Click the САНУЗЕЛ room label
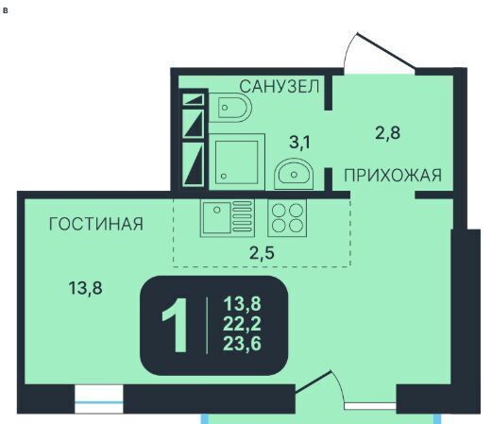tap(280, 86)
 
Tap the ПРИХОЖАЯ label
tap(393, 175)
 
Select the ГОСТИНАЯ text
tap(96, 224)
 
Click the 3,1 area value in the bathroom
tap(299, 142)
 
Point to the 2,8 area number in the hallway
tap(388, 132)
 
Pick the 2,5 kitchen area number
tap(262, 252)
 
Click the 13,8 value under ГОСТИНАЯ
tap(85, 288)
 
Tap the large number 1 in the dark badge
tap(176, 326)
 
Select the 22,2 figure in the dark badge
tap(242, 324)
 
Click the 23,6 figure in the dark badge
tap(242, 343)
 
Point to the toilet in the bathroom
tap(230, 108)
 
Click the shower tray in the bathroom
tap(237, 161)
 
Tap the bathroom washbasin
tap(294, 174)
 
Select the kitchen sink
tap(228, 217)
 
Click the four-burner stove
tap(287, 217)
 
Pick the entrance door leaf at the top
tap(386, 50)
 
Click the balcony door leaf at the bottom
tap(314, 382)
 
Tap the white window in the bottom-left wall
tap(99, 399)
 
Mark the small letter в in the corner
tap(5, 10)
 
